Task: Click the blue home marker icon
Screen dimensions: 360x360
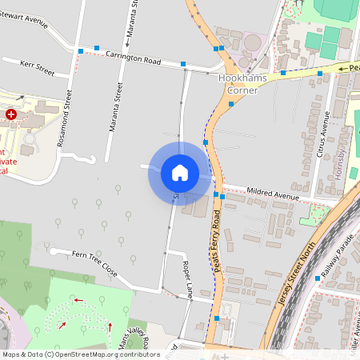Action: click(x=180, y=173)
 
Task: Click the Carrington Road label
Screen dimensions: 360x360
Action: click(x=134, y=58)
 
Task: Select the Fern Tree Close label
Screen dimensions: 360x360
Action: click(x=95, y=264)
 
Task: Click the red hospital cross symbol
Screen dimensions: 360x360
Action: click(x=11, y=115)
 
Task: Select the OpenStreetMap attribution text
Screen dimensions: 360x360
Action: click(x=80, y=354)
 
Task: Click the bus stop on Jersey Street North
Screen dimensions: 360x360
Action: click(x=318, y=278)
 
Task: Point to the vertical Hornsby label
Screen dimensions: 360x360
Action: click(x=340, y=163)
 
